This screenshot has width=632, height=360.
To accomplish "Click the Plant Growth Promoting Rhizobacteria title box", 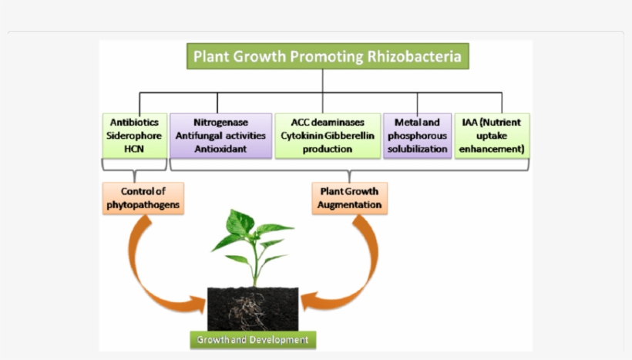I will (327, 56).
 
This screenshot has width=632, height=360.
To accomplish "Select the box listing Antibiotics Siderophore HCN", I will (135, 136).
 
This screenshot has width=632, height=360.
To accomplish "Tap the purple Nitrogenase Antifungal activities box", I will (220, 136).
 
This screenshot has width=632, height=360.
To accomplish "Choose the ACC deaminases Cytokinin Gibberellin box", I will (328, 136).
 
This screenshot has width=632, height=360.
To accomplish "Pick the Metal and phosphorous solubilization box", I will (417, 136).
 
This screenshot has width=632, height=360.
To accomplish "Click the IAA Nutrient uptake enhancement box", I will (491, 136).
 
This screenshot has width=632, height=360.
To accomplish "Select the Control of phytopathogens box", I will (143, 197).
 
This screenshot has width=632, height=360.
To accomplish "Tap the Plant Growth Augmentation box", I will (349, 197).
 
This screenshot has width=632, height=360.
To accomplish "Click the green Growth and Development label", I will (253, 340).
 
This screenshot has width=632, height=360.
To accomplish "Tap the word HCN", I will (135, 149).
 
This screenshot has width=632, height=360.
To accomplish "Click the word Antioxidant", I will (220, 149).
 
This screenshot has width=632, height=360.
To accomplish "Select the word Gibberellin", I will (356, 136).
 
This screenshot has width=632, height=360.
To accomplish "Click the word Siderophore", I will (135, 136).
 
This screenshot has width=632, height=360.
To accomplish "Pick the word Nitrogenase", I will (220, 123).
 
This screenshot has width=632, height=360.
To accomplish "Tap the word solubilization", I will (417, 149).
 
